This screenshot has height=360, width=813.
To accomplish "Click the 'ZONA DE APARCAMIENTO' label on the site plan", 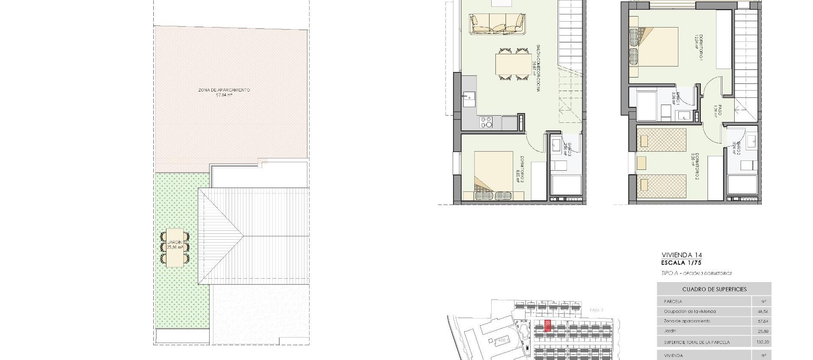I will tap(224, 90).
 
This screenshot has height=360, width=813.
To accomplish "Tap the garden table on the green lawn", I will tap(174, 248).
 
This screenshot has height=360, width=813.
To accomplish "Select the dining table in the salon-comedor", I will tap(514, 65).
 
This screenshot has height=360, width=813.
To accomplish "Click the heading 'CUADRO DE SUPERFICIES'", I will tap(714, 289).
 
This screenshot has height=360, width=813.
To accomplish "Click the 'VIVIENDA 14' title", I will tap(681, 255).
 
